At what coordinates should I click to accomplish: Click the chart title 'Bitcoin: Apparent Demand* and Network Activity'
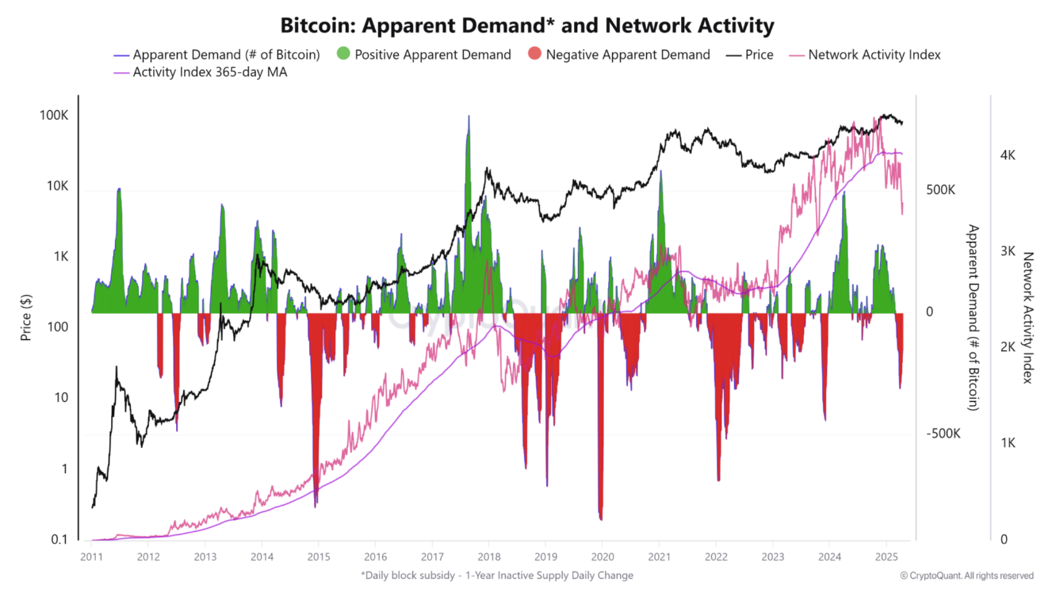(x=527, y=25)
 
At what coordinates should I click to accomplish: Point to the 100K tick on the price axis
(x=54, y=116)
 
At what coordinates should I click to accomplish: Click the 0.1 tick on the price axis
(x=59, y=540)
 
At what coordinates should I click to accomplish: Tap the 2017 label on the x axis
(x=432, y=556)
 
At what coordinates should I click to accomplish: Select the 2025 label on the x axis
(x=886, y=556)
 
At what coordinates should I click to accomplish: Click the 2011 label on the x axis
(x=92, y=556)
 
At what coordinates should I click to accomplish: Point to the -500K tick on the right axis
(x=943, y=434)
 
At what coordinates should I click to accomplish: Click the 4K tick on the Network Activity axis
(x=1008, y=155)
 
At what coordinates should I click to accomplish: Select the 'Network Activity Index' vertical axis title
(x=1029, y=318)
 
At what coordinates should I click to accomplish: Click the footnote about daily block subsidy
(x=497, y=576)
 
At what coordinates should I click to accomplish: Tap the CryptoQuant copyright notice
(x=966, y=576)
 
